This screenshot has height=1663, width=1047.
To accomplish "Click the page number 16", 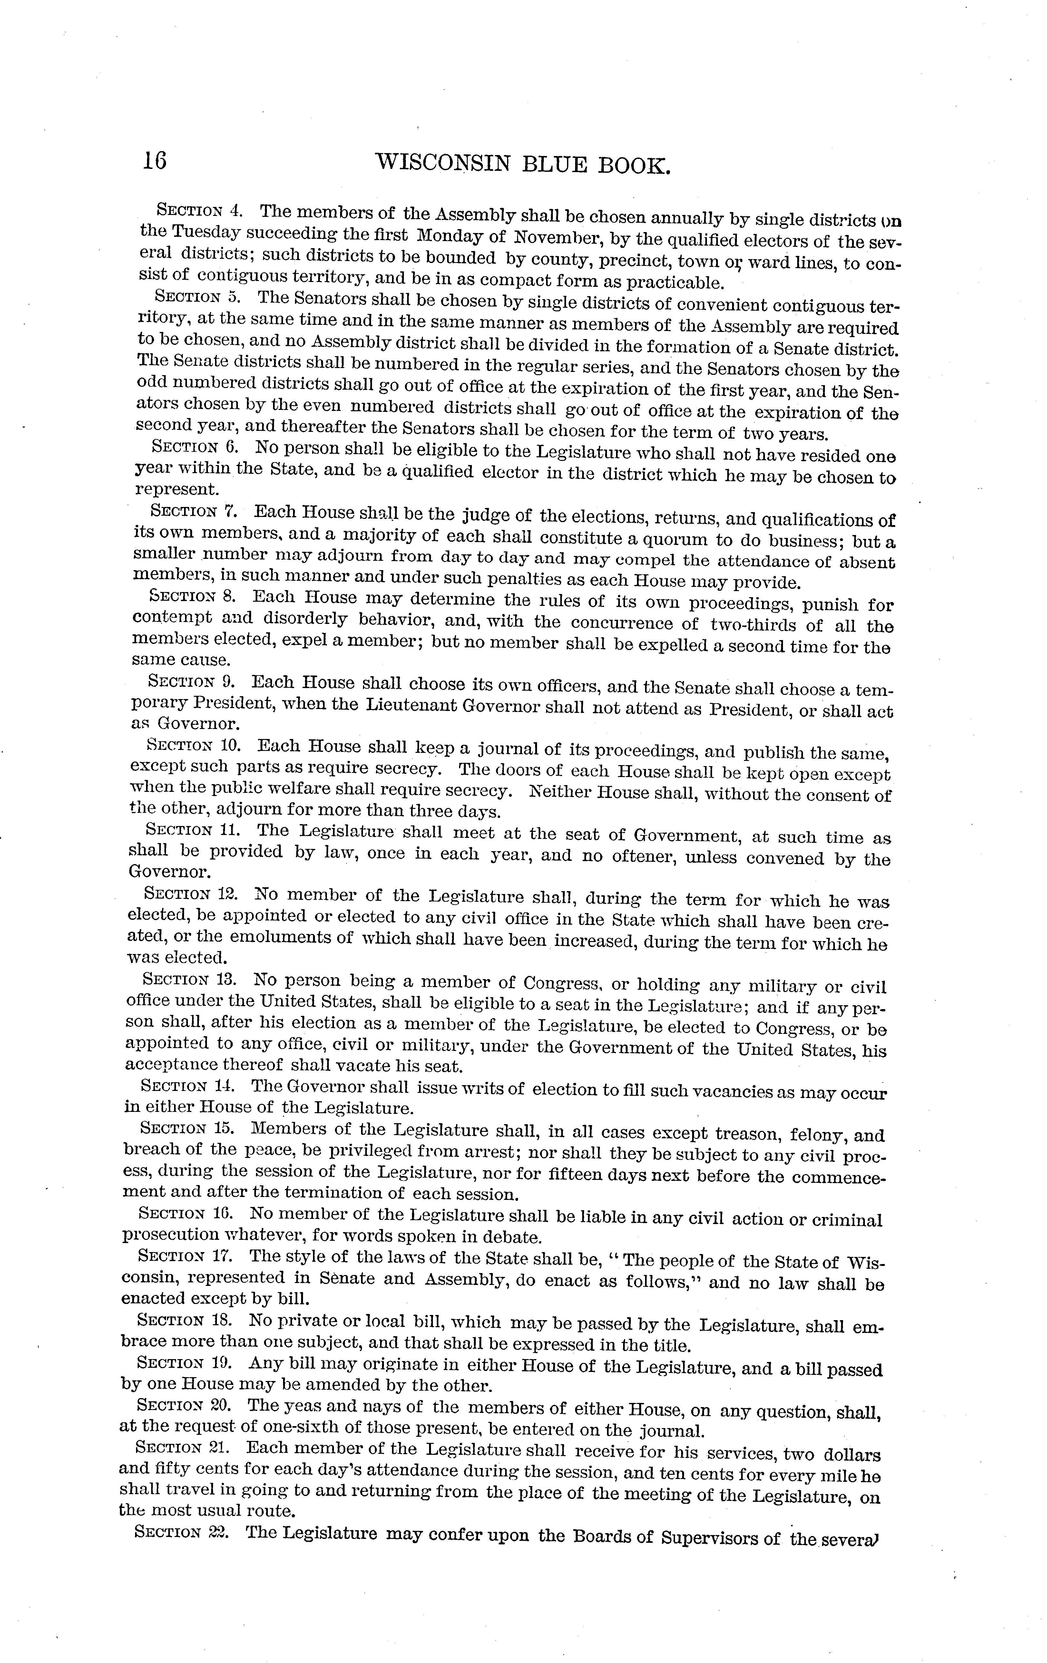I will (155, 160).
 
